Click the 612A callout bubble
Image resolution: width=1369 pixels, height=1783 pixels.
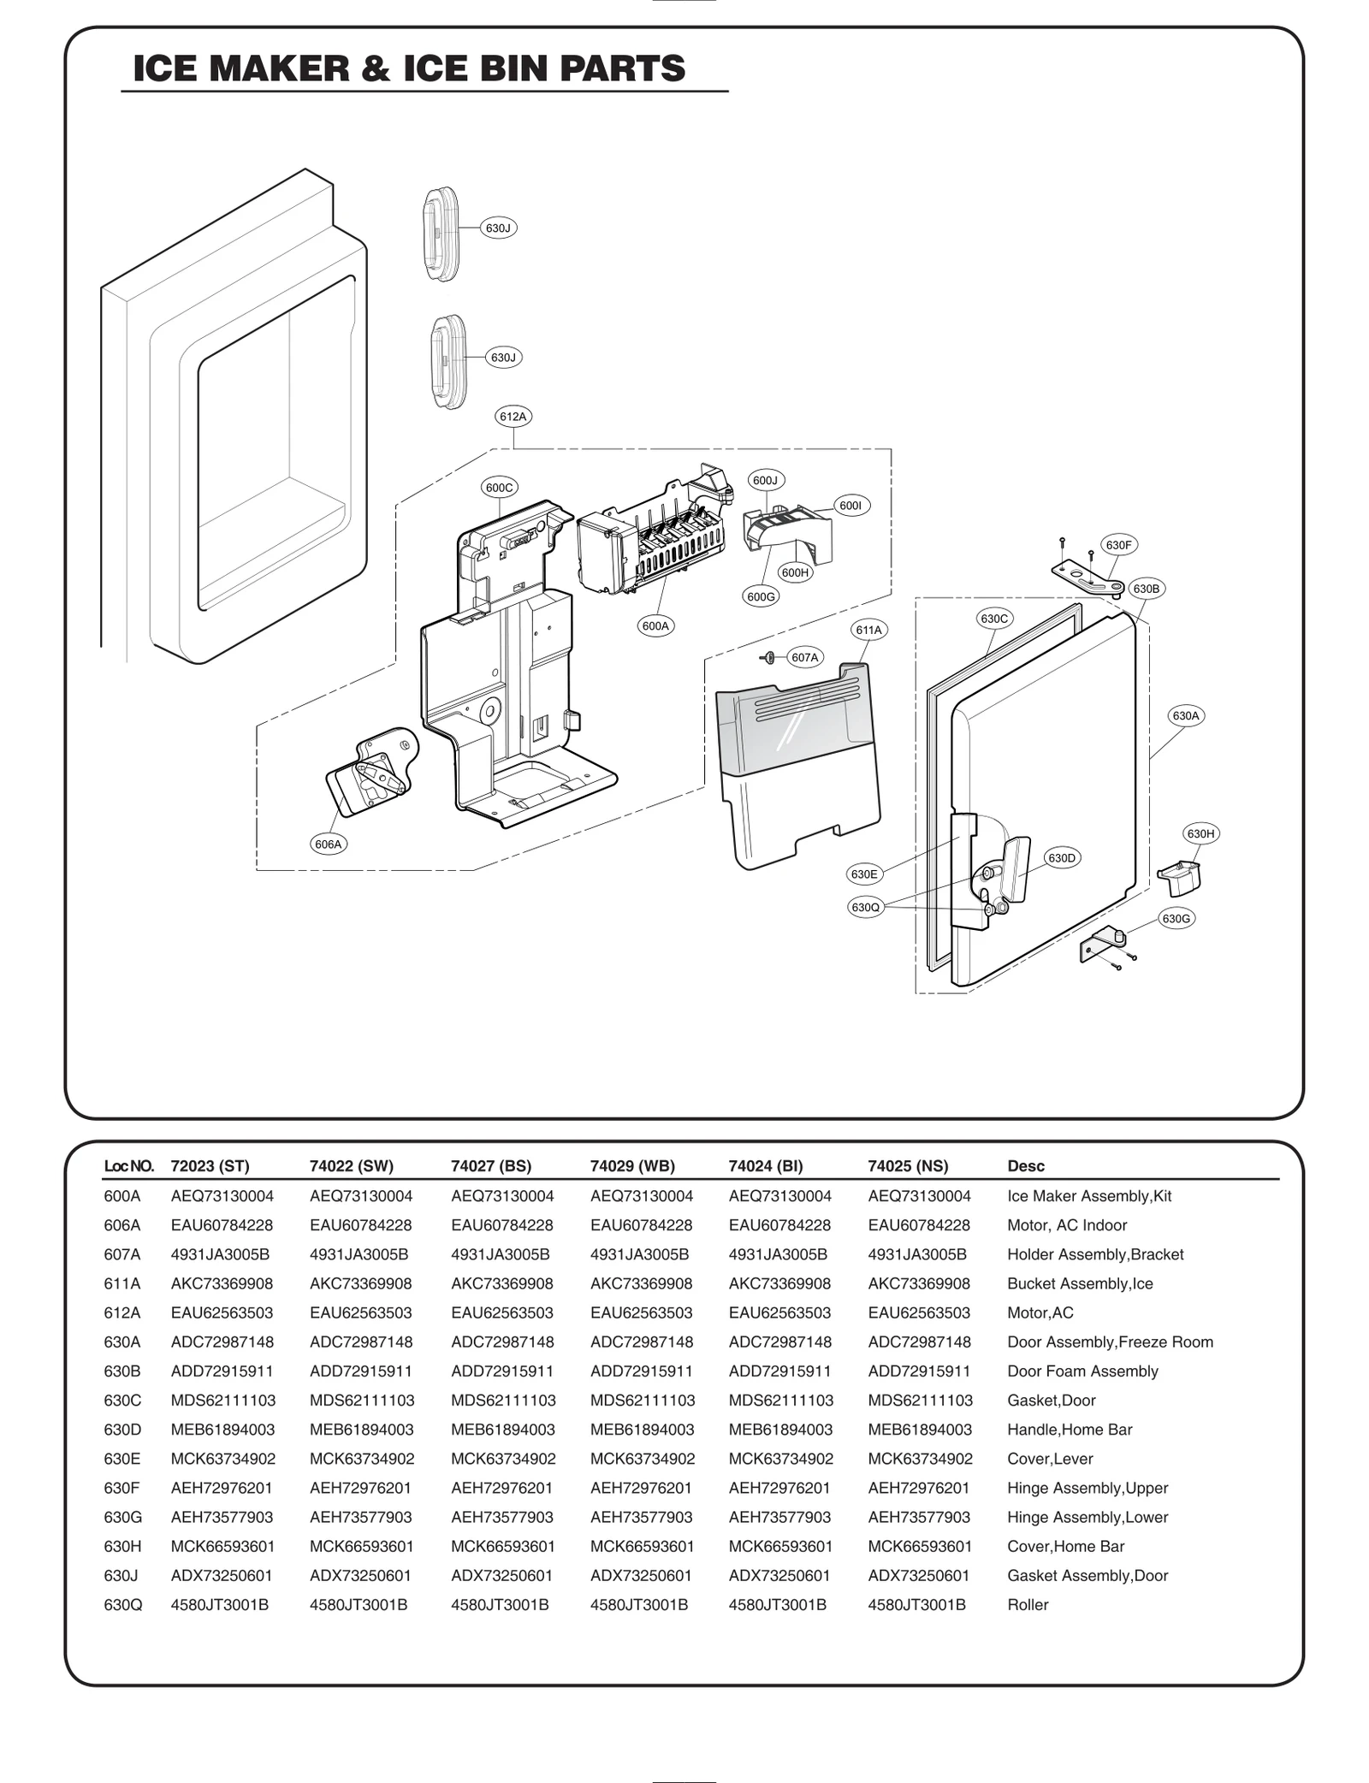[513, 417]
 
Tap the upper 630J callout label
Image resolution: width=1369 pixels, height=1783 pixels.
[498, 228]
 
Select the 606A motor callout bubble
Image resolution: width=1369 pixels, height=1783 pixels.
[328, 844]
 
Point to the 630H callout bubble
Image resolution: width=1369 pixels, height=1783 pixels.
[1200, 833]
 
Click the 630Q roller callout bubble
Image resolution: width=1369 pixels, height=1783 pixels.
[865, 907]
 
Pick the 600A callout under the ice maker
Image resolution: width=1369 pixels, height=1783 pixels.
[655, 625]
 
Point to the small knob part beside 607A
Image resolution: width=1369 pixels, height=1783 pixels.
[768, 657]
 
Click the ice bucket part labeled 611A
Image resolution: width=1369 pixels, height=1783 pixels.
[796, 761]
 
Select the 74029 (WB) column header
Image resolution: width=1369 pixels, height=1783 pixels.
[632, 1165]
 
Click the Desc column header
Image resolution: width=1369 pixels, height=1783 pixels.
[1025, 1165]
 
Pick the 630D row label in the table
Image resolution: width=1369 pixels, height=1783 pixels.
[122, 1429]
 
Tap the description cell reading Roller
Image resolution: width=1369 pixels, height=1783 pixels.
[1027, 1604]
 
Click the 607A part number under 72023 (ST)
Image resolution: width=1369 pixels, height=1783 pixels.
[220, 1254]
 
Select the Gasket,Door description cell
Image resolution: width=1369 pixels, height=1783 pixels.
[1051, 1400]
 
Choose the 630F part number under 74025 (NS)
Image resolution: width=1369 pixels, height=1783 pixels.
[918, 1488]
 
